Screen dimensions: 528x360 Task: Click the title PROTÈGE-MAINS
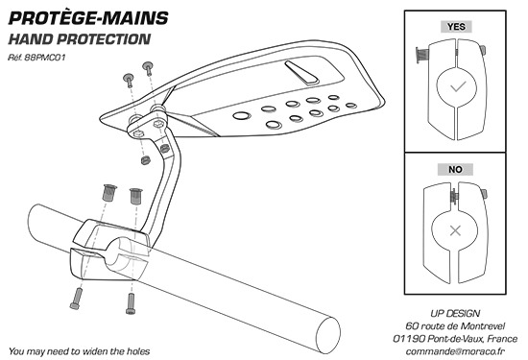[x=88, y=18]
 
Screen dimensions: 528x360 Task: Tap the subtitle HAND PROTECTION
[x=80, y=39]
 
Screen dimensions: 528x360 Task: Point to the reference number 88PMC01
[x=45, y=58]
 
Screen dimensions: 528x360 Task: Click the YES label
[x=456, y=27]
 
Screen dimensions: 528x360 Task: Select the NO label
[x=455, y=169]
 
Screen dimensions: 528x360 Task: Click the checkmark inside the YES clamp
[x=458, y=86]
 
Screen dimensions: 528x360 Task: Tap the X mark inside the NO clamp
[x=455, y=230]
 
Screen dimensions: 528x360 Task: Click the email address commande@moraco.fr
[x=455, y=351]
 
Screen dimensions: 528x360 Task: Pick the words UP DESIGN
[x=455, y=313]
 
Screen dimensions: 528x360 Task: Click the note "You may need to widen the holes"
[x=79, y=351]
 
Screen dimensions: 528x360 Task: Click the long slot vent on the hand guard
[x=301, y=72]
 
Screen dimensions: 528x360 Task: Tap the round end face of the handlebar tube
[x=328, y=335]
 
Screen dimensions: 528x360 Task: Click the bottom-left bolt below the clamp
[x=76, y=299]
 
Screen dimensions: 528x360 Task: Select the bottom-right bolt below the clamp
[x=131, y=303]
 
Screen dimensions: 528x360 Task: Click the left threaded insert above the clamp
[x=108, y=193]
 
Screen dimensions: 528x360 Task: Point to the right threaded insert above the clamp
[x=136, y=196]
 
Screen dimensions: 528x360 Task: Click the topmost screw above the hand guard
[x=148, y=68]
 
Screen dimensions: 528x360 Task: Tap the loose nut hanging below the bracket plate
[x=145, y=160]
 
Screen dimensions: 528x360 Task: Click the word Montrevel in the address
[x=483, y=326]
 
